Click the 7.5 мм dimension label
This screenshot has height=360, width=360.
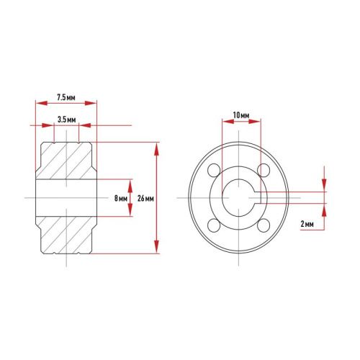[67, 96]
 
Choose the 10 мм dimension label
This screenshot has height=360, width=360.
[240, 115]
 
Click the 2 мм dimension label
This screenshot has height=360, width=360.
[307, 224]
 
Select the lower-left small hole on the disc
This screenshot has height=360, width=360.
[213, 226]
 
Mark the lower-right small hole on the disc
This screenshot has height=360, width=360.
[264, 226]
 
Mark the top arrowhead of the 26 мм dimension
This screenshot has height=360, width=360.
[156, 146]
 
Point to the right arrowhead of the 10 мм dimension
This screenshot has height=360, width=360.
[256, 123]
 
